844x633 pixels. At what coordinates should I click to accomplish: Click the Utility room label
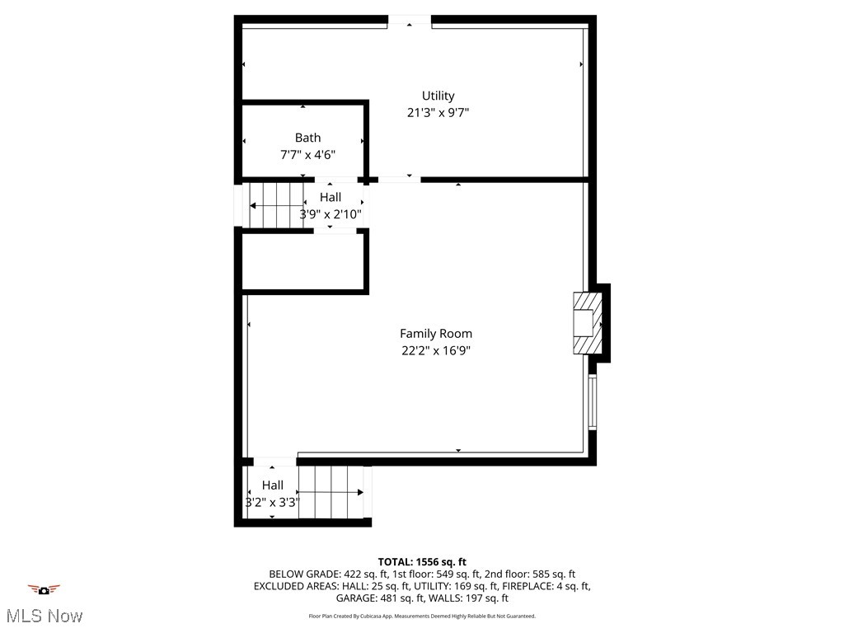[x=438, y=96]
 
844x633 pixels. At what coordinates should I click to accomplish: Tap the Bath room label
[x=307, y=138]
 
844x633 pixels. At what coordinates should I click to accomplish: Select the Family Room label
[x=436, y=334]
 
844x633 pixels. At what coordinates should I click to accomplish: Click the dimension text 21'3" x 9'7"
[x=438, y=113]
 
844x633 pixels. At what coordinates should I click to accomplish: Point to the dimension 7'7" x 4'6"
[x=307, y=154]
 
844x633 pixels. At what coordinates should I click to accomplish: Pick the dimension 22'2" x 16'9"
[x=436, y=350]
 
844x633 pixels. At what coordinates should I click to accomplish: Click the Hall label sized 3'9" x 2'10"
[x=331, y=197]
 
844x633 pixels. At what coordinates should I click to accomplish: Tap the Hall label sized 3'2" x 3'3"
[x=273, y=485]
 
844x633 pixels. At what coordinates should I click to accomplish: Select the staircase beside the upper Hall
[x=276, y=205]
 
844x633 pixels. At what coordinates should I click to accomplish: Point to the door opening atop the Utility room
[x=409, y=21]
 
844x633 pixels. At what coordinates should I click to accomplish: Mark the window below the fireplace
[x=592, y=402]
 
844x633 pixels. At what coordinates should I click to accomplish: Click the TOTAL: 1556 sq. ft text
[x=422, y=562]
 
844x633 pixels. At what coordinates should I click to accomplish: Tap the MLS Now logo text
[x=45, y=616]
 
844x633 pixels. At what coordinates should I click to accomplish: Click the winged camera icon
[x=44, y=589]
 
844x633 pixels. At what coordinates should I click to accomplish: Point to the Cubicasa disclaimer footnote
[x=422, y=616]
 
